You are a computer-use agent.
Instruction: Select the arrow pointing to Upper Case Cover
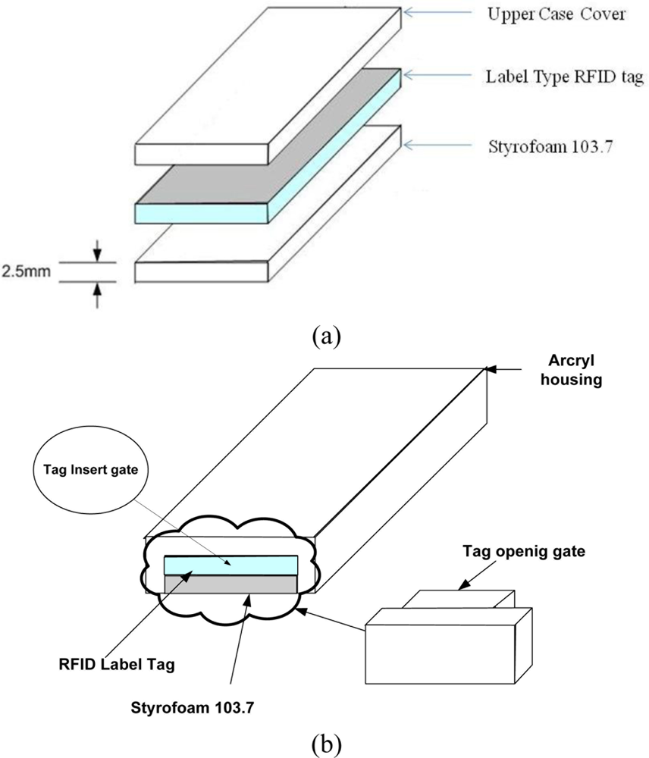click(x=432, y=12)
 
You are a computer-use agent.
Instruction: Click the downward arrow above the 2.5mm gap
click(x=97, y=250)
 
